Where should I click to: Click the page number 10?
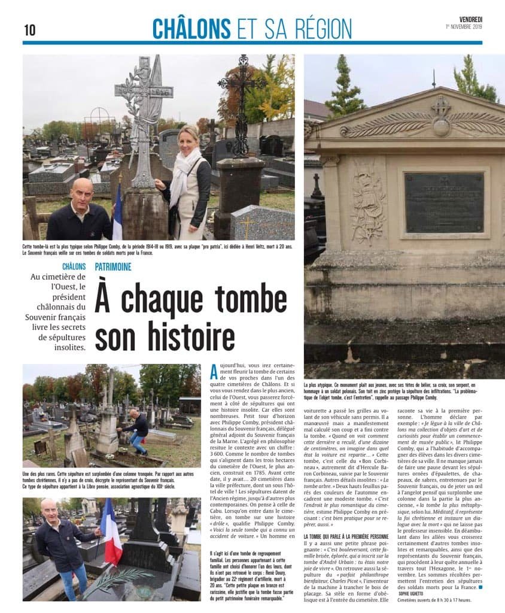29,30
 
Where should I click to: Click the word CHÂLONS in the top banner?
191,28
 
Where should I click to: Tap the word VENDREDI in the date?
470,19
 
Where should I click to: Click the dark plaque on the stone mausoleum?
443,202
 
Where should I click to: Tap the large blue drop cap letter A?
214,371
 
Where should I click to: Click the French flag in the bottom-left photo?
111,532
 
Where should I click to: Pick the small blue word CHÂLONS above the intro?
74,266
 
